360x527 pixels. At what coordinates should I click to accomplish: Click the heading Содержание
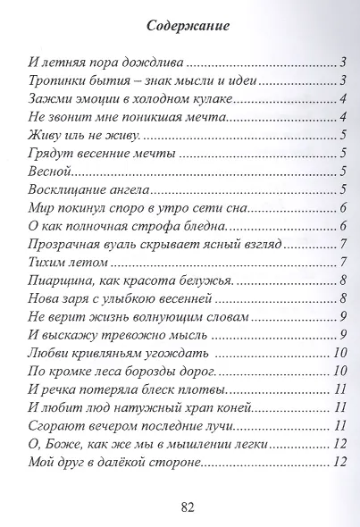click(180, 25)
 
